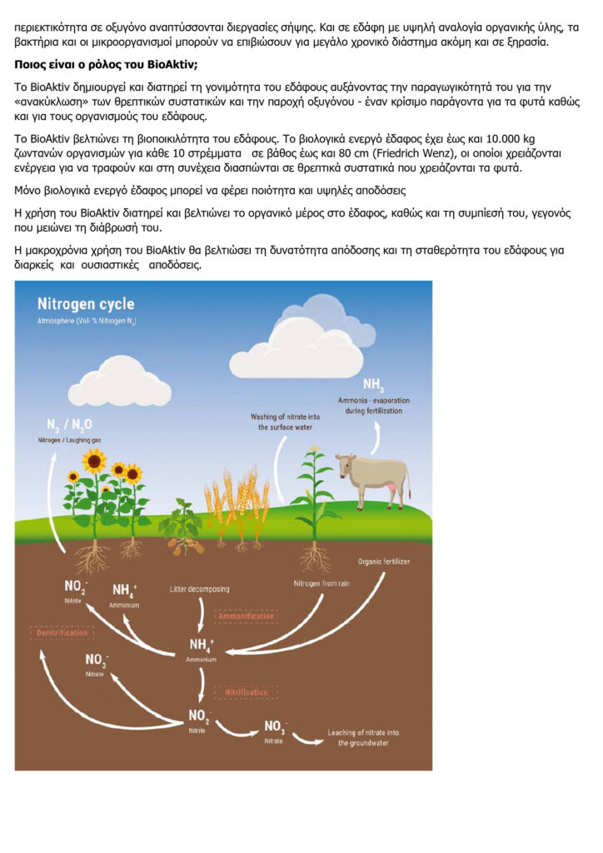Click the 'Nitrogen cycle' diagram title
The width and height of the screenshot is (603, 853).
click(x=85, y=304)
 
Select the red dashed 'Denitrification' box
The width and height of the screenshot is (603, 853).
click(x=61, y=633)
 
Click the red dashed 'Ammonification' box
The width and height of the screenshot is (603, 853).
click(x=246, y=616)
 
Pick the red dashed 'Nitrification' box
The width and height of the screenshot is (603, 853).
click(x=245, y=691)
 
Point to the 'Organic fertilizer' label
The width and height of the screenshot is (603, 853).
click(x=384, y=561)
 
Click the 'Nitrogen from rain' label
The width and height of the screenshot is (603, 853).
click(x=321, y=583)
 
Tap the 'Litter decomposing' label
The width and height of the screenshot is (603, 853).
click(x=199, y=589)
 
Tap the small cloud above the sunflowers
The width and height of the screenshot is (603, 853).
click(x=117, y=383)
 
